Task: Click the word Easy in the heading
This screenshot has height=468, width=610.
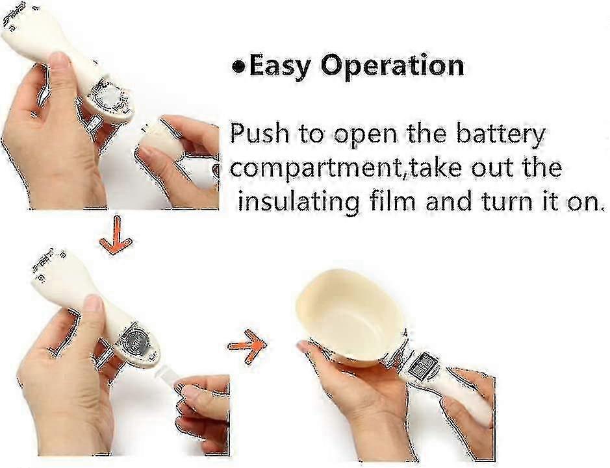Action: coord(279,66)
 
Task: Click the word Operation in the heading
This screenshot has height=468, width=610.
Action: coord(392,66)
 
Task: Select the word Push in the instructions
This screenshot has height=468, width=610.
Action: coord(260,133)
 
